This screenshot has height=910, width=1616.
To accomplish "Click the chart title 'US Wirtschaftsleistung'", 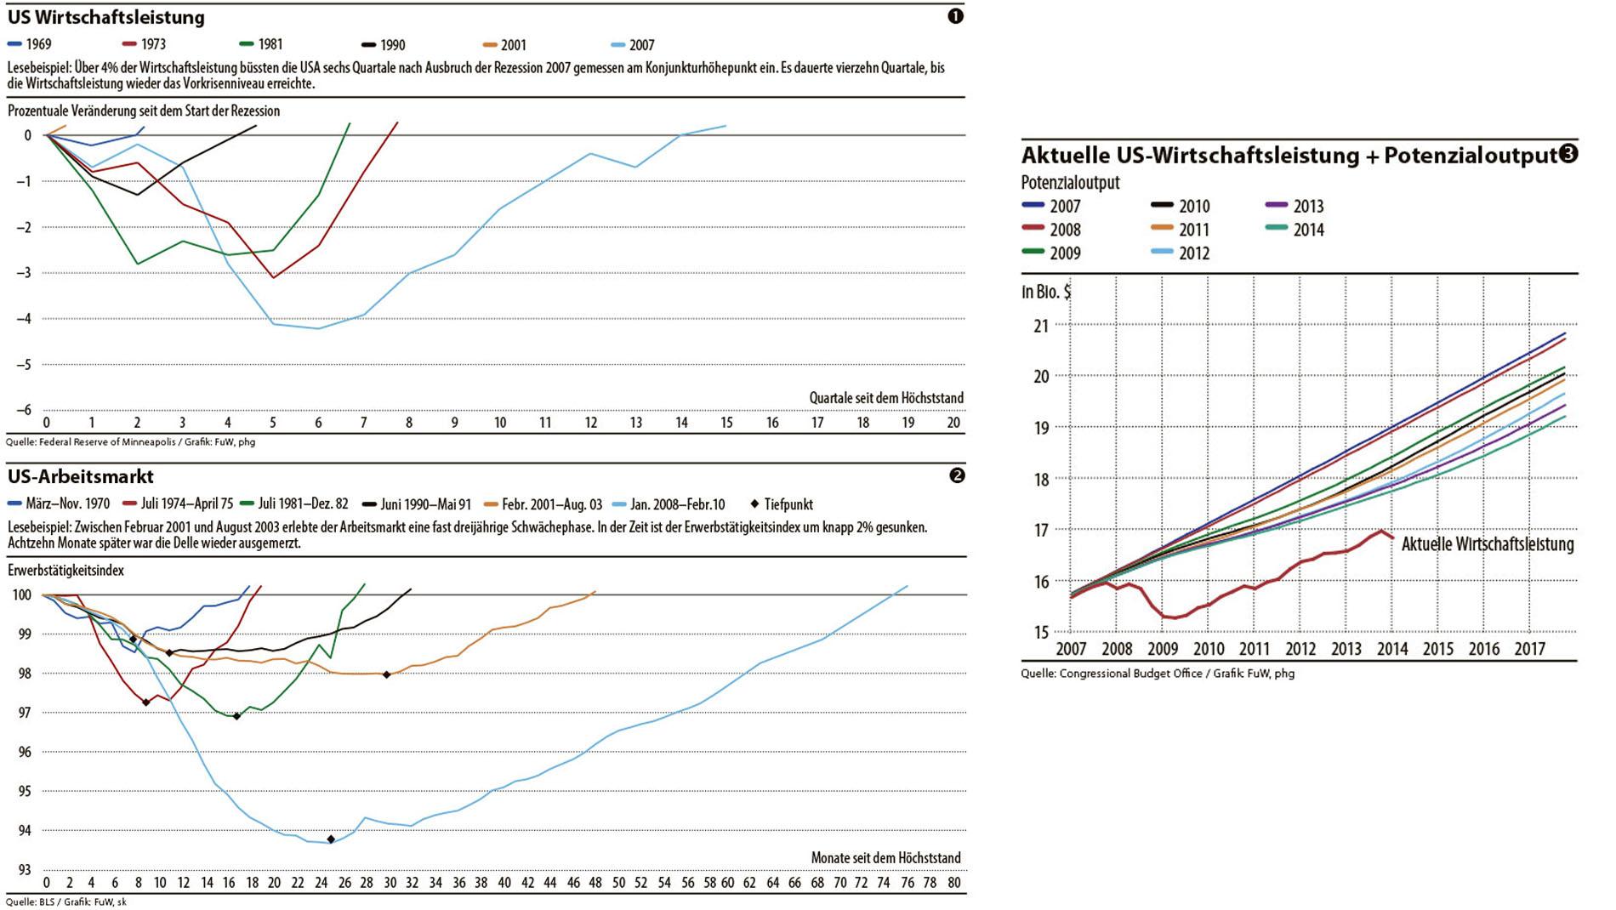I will (x=106, y=17).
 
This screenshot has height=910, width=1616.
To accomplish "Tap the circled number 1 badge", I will (x=955, y=16).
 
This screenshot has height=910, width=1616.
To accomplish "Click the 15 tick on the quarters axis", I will (x=726, y=423).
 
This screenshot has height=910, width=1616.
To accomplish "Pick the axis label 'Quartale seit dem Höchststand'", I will (x=885, y=398).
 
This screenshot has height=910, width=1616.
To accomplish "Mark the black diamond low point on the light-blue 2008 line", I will (x=331, y=839).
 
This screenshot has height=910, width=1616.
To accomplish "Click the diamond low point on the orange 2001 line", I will (x=387, y=674).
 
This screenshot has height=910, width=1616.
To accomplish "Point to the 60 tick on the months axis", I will (x=727, y=883).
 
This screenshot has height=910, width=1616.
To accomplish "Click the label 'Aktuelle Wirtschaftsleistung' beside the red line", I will (x=1487, y=544).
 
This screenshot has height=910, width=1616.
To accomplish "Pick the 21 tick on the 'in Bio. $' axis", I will (x=1041, y=326).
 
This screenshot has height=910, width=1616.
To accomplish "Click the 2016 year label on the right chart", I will (x=1484, y=650).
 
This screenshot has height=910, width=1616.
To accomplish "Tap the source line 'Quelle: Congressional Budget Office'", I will (x=1158, y=674).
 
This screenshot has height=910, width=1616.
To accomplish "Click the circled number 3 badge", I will (x=1568, y=154).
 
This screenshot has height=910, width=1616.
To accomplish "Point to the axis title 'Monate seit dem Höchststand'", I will (x=885, y=858).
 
